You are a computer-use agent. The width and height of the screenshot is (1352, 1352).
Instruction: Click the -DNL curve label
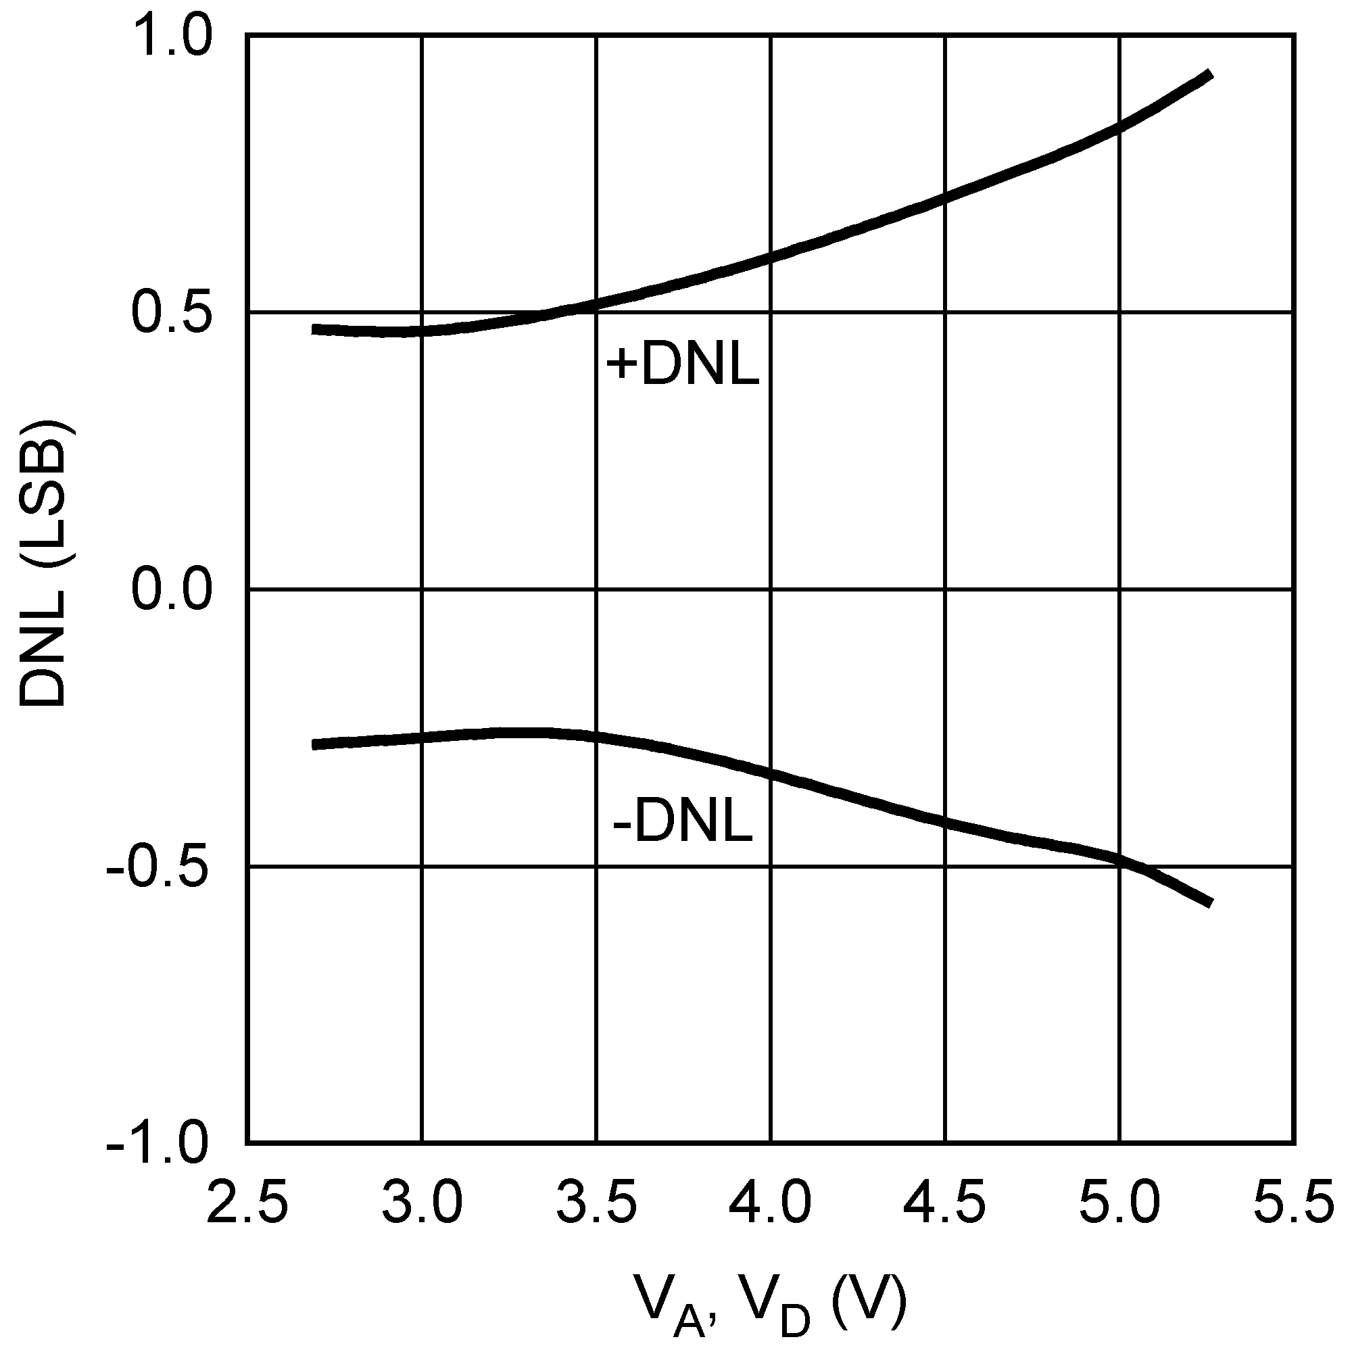click(x=682, y=823)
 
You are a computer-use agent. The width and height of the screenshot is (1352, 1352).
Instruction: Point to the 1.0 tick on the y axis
click(x=172, y=37)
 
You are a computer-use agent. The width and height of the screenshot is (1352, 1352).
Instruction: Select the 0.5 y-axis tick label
click(x=172, y=313)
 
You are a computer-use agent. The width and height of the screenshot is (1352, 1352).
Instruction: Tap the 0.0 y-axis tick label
click(x=172, y=590)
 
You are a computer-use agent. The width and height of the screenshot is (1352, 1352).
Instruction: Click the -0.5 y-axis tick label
click(x=158, y=868)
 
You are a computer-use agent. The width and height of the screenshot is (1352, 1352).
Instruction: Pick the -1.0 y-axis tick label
click(x=158, y=1145)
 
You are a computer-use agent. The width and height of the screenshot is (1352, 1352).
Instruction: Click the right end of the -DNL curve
click(x=1209, y=902)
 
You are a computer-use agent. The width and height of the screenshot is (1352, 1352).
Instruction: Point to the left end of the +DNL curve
click(x=314, y=329)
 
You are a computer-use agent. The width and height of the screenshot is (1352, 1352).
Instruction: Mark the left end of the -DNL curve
click(x=314, y=744)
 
